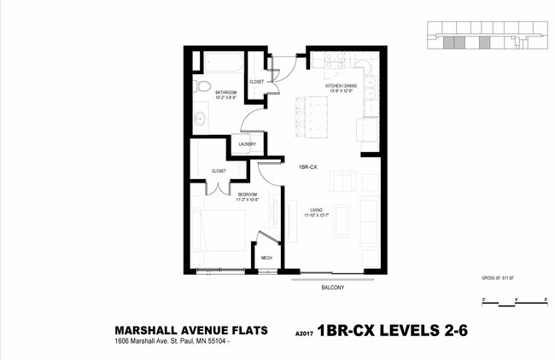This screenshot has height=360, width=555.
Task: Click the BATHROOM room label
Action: click(225, 92)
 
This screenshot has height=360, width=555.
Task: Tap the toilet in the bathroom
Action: click(201, 87)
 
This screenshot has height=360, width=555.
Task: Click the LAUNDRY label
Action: click(236, 144)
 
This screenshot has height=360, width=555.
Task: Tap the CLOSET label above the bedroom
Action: click(218, 171)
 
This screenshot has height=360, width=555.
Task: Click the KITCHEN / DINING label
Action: click(340, 87)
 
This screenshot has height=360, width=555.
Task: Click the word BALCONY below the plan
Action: click(331, 287)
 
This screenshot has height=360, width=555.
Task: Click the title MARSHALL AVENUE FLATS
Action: click(191, 330)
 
